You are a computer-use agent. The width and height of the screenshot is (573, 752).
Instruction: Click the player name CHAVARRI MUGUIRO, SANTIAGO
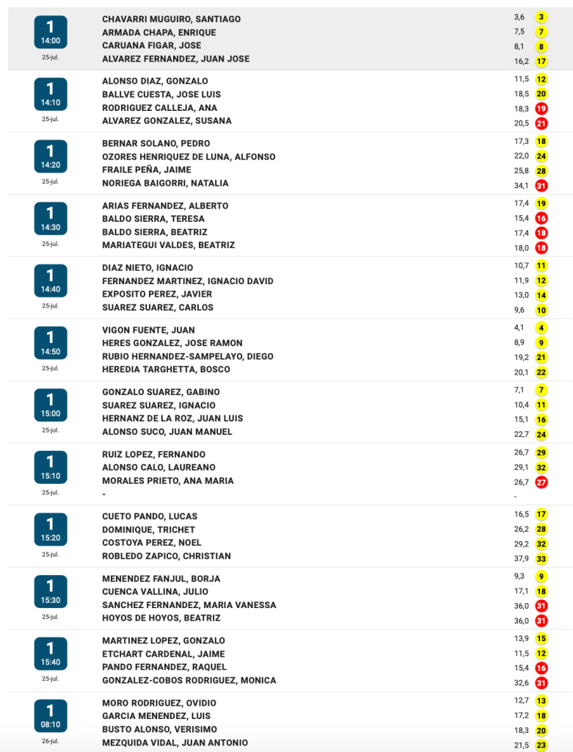[x=171, y=19]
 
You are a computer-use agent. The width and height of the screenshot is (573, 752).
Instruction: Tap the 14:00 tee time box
[x=50, y=32]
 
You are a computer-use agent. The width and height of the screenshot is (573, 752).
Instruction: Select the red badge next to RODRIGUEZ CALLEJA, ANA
[x=541, y=109]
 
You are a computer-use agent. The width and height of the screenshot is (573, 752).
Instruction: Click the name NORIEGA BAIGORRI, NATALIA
[x=165, y=184]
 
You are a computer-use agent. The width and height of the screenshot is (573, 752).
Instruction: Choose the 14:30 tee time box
[x=50, y=219]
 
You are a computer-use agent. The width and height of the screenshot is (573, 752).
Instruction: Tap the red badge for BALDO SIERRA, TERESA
[x=541, y=219]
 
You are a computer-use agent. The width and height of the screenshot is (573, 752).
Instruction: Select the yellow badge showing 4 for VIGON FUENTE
[x=541, y=328]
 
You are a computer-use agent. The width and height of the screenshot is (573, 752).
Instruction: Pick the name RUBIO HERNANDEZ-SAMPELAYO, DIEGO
[x=187, y=357]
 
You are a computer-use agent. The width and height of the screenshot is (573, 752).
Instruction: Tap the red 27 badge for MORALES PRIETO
[x=541, y=482]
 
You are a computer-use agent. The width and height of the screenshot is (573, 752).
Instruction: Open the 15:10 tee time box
[x=50, y=468]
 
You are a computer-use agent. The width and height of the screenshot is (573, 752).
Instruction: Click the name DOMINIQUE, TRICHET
[x=148, y=530]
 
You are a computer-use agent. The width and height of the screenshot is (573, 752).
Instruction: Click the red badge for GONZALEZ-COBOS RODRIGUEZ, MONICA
[x=541, y=682]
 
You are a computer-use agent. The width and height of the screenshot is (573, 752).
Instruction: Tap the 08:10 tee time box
[x=50, y=716]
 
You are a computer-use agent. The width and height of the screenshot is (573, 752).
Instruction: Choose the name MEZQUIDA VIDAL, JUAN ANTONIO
[x=175, y=743]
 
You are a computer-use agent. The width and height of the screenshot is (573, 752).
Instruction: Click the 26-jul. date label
[x=50, y=741]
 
